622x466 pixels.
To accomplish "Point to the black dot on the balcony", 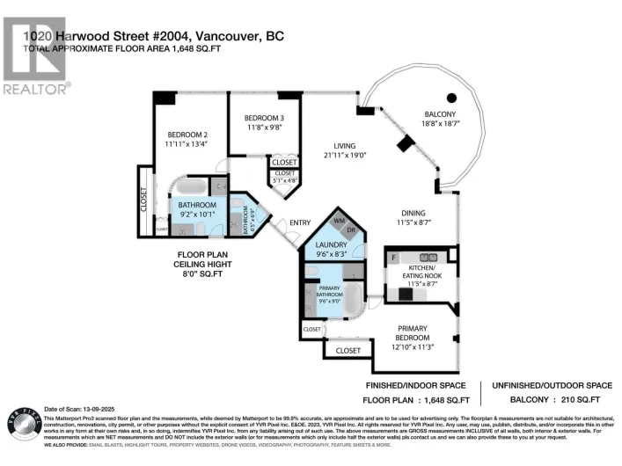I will pos(451,98).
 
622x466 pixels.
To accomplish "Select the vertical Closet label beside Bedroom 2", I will pos(143,200).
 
